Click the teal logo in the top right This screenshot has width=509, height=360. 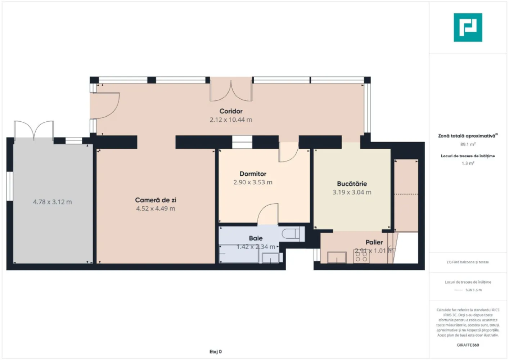(x=468, y=27)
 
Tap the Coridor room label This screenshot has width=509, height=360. (x=231, y=111)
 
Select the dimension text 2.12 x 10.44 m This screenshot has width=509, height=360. (x=231, y=120)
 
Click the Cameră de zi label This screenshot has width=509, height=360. (x=156, y=200)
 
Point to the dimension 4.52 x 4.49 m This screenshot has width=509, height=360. (x=156, y=209)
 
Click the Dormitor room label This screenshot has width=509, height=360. (x=253, y=174)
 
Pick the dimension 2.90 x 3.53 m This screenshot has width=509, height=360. (x=253, y=183)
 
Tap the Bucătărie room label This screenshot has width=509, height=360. (x=352, y=184)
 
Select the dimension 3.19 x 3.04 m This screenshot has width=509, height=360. (x=352, y=193)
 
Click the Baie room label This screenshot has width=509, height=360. (x=256, y=238)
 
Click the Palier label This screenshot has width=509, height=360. (x=374, y=242)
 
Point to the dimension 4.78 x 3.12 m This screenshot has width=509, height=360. (x=53, y=202)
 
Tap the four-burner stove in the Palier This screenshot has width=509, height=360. (x=361, y=257)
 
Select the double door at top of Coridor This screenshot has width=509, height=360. (x=231, y=90)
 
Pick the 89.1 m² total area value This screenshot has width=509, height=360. (x=468, y=144)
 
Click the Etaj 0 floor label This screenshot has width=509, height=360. (x=216, y=352)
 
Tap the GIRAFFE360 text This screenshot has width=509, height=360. (x=468, y=345)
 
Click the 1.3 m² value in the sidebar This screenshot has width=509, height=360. (x=468, y=163)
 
